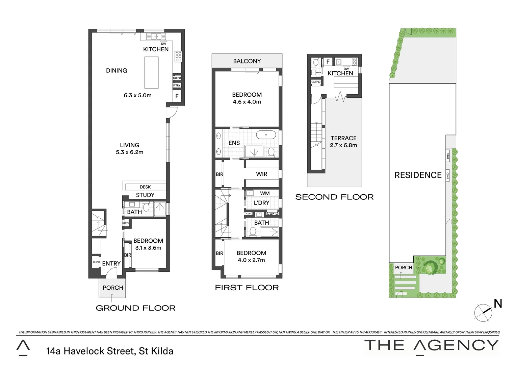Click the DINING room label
point(117,71)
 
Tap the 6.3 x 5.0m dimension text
point(137,95)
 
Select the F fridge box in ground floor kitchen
point(177,96)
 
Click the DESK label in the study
point(145,187)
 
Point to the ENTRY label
point(111,264)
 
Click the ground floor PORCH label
point(113,288)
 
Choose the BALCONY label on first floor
point(247,61)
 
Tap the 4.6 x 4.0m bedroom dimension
point(247,102)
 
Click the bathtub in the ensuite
point(266,135)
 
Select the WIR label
point(261,174)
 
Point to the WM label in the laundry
point(265,193)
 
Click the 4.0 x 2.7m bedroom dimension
point(251,260)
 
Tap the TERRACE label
point(343,138)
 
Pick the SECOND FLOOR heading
point(334,197)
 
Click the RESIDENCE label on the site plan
point(418,175)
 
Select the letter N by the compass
point(498,304)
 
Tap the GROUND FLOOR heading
point(135,308)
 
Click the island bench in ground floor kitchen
point(151,72)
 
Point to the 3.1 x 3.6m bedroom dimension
point(148,248)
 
